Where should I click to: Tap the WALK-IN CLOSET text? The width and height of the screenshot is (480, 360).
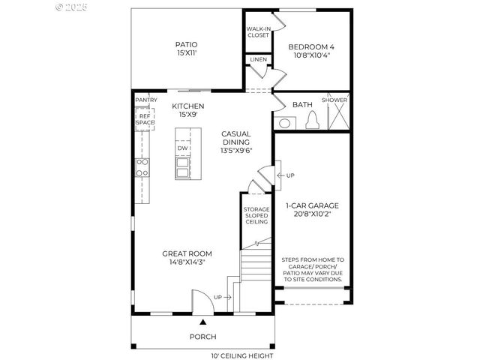point(258,31)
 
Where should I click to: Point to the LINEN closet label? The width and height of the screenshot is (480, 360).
point(258,59)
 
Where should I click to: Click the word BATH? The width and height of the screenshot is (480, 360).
point(302,104)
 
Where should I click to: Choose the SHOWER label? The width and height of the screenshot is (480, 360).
point(334,100)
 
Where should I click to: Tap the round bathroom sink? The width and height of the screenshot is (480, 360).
point(285,123)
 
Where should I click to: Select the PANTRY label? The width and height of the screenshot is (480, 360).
point(145,100)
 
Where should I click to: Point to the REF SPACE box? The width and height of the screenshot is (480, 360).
point(145,118)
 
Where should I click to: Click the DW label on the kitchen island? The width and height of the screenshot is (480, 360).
point(182,148)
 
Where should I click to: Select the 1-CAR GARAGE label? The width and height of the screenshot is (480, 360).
point(312,205)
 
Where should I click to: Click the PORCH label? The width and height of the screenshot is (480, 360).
point(202,337)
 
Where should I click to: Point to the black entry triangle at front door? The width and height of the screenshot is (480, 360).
point(202,320)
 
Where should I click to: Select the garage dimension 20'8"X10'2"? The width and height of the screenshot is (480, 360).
point(312,214)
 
